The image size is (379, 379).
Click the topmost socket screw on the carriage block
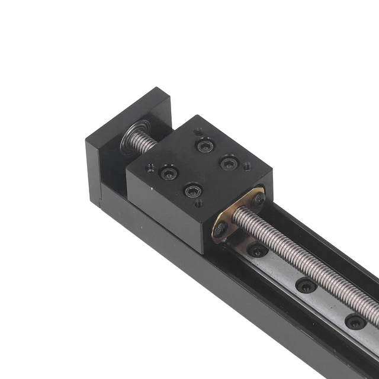[205, 146]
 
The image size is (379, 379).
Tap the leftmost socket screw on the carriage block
[168, 174]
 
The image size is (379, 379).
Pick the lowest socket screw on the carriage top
[192, 191]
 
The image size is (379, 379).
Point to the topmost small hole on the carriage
[199, 132]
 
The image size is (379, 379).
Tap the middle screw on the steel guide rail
[306, 285]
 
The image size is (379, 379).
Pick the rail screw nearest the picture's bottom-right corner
[355, 322]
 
